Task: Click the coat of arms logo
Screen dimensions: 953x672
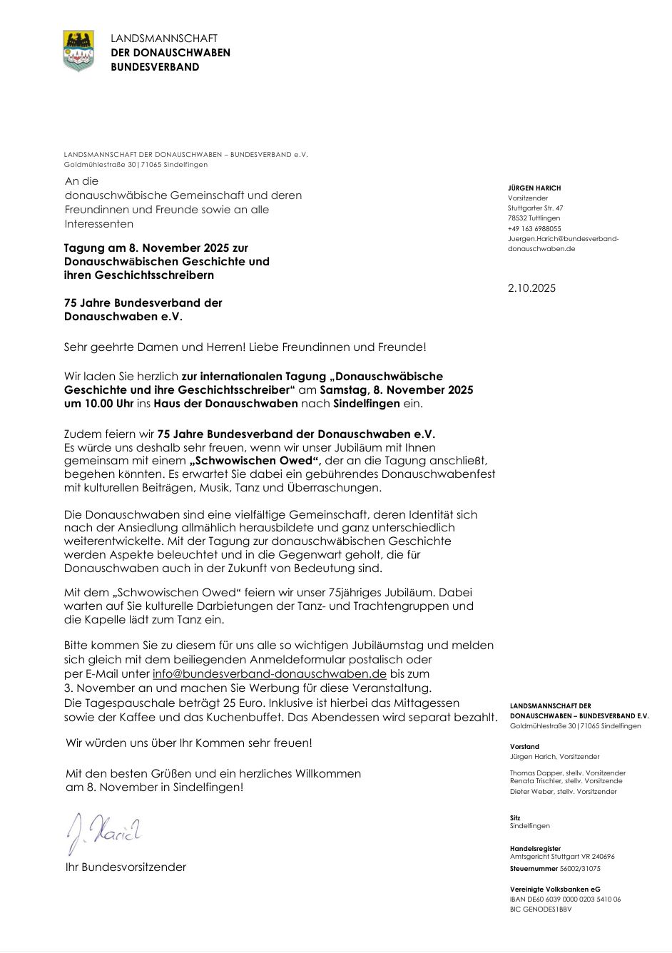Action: click(x=78, y=51)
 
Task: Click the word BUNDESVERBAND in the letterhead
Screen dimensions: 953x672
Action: click(x=155, y=67)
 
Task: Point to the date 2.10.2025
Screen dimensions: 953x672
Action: click(x=531, y=288)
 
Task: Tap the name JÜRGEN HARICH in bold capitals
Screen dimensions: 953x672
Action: click(x=534, y=188)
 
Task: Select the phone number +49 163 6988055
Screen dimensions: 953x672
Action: click(x=534, y=229)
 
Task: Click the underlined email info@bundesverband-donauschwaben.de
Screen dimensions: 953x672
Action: click(x=270, y=673)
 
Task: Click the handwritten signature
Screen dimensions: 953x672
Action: click(x=103, y=832)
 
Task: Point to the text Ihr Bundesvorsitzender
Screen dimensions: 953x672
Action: click(x=126, y=867)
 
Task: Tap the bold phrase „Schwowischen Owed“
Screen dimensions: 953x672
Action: click(x=255, y=461)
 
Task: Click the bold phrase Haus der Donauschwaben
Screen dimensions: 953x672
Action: click(x=225, y=404)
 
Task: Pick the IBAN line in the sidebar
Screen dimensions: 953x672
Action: click(x=565, y=900)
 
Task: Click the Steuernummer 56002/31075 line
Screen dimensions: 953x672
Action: click(x=555, y=869)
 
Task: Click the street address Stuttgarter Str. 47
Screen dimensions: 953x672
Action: click(x=535, y=208)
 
